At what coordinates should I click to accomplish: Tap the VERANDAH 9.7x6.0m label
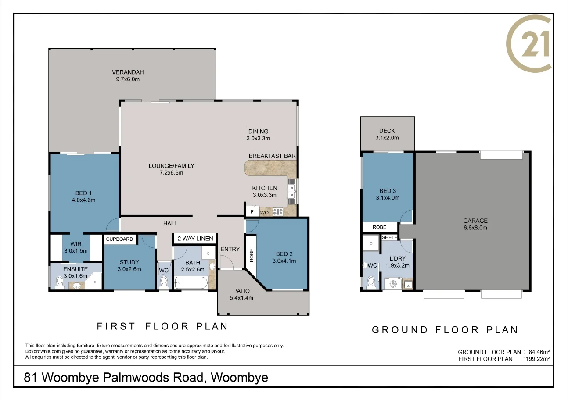click(128, 76)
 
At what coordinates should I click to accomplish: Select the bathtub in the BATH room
click(191, 283)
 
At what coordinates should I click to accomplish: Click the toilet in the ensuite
click(60, 284)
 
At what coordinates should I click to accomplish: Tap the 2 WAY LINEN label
click(195, 239)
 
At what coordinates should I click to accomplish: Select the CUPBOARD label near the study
click(119, 239)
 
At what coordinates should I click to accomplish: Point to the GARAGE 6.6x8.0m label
click(475, 224)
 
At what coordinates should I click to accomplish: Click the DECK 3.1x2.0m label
click(387, 134)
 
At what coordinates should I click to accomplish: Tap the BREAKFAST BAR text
click(272, 156)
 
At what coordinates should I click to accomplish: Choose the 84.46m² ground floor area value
click(539, 352)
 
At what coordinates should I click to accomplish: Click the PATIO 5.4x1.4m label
click(241, 294)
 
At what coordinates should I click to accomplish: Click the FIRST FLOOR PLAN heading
click(162, 326)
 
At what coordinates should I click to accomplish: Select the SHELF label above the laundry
click(389, 237)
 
